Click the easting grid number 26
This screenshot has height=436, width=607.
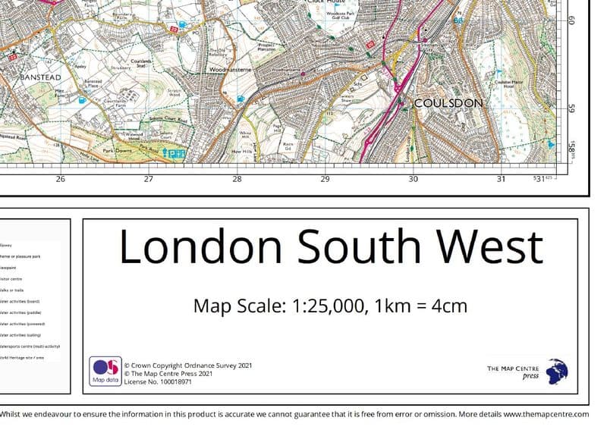61,180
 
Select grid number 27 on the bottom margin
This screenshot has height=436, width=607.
149,180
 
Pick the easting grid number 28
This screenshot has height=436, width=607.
237,180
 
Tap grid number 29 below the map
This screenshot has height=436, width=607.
326,180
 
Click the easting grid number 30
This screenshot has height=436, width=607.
413,180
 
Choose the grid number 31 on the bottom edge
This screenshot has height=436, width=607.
501,180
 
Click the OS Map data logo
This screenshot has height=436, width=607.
104,371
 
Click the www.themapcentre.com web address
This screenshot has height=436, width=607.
546,415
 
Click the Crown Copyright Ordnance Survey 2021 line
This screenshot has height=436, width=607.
187,365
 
